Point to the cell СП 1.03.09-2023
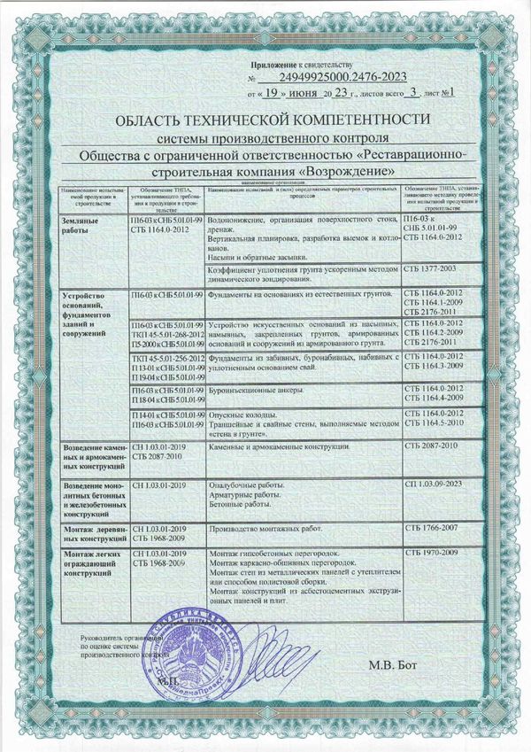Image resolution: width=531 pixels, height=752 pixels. [x=434, y=485]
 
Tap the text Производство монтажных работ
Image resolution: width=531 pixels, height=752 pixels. [x=263, y=528]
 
